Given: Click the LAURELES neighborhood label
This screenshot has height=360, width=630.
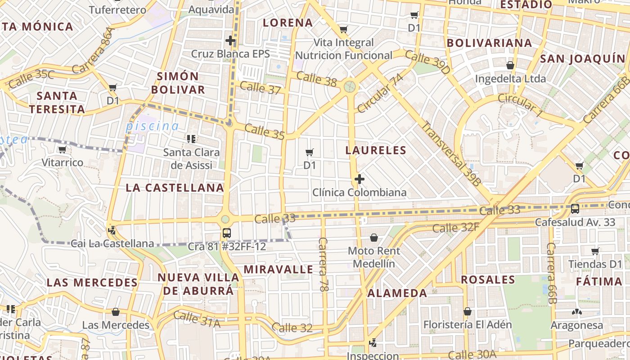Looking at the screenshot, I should [376, 150].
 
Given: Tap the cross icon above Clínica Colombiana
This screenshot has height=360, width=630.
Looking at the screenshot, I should [359, 179].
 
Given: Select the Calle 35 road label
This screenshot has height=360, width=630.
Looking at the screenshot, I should [265, 131].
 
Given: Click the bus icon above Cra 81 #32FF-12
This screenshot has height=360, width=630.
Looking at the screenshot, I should [226, 233].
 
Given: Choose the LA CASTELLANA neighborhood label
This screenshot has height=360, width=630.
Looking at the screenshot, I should [175, 188].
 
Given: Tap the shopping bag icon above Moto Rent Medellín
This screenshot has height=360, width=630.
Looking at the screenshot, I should [374, 237].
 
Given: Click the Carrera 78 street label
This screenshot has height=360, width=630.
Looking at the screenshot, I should [323, 264].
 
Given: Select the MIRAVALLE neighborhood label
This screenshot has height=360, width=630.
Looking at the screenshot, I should [278, 270].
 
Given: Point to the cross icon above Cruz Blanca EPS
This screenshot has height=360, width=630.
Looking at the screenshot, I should [230, 40].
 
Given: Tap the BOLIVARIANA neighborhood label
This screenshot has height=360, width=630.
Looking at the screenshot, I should [489, 43].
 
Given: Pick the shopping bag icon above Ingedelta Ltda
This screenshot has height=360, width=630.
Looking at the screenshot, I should [510, 66].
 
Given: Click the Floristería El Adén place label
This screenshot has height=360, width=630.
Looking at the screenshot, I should [468, 324].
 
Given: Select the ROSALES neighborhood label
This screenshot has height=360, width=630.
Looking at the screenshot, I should [488, 280].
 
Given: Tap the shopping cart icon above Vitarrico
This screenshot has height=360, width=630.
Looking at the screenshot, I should [62, 149].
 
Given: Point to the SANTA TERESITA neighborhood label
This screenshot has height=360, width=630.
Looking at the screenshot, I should [57, 103].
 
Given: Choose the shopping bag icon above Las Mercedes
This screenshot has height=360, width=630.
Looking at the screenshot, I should [116, 312].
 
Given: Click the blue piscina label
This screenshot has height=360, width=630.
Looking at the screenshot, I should [152, 126].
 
